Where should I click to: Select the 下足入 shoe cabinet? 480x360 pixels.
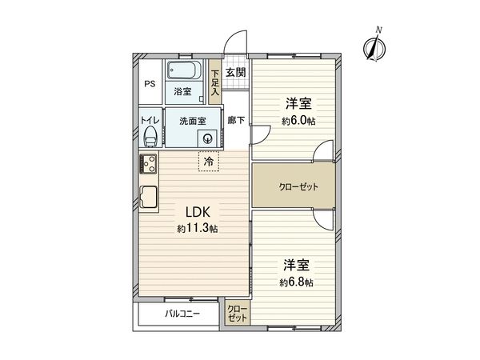click(x=214, y=82)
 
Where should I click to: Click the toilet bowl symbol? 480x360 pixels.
click(x=148, y=137)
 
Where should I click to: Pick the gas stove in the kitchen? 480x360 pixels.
click(x=148, y=165)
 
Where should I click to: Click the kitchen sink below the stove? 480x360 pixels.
click(x=149, y=196)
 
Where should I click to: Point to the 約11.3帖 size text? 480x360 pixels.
click(x=198, y=229)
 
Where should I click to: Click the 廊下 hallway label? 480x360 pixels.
click(x=236, y=121)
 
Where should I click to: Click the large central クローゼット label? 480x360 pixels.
click(x=298, y=186)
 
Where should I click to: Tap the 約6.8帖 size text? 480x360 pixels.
click(x=296, y=282)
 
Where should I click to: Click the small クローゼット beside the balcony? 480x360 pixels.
click(x=238, y=314)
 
